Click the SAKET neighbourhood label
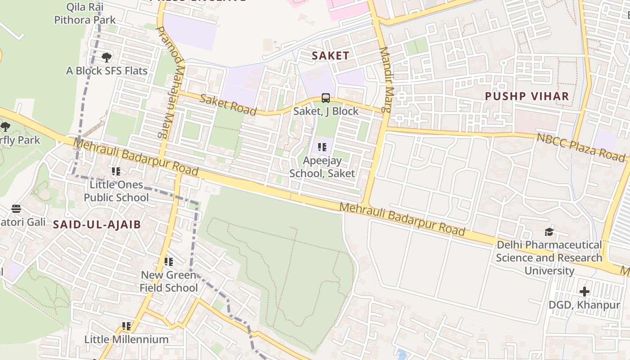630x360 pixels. [330, 56]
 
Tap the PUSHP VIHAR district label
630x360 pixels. [527, 96]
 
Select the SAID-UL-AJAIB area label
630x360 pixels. [97, 225]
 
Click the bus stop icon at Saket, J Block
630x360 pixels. [326, 98]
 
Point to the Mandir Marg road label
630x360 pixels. [385, 80]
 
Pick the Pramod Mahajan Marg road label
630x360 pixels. [171, 81]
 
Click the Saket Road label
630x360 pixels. [228, 105]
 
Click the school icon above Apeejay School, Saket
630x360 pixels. [322, 147]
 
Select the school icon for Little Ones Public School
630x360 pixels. [116, 171]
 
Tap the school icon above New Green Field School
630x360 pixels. [169, 262]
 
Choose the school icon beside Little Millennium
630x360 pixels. [126, 326]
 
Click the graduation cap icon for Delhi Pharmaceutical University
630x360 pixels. [549, 232]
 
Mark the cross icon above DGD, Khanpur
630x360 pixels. [584, 292]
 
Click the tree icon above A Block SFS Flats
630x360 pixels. [107, 58]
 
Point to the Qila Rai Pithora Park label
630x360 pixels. [85, 13]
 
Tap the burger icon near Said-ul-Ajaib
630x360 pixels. [16, 209]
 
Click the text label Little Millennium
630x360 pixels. [126, 339]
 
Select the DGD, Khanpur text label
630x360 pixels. [584, 305]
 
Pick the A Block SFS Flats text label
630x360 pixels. [107, 71]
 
